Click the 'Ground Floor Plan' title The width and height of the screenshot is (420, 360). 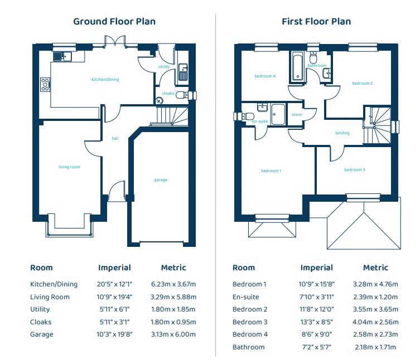[x=114, y=21]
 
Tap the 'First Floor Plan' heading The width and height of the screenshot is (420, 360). [x=316, y=21]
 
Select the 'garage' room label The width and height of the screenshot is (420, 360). [x=161, y=180]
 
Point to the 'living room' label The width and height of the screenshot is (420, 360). [x=69, y=167]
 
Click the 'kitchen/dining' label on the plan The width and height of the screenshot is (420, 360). [x=105, y=80]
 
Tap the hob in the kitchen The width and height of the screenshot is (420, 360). [x=45, y=84]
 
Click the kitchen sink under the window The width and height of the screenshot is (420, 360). [x=62, y=56]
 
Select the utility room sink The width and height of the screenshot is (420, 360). [x=183, y=72]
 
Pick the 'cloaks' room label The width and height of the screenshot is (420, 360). [x=168, y=94]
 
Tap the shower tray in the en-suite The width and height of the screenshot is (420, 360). [x=278, y=115]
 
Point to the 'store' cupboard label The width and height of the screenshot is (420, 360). [x=297, y=115]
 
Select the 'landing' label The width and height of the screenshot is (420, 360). [x=342, y=133]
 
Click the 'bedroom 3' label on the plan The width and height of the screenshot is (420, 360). [x=355, y=170]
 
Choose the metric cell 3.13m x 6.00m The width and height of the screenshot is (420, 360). [x=173, y=334]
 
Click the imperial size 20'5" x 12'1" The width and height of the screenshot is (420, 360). [x=115, y=284]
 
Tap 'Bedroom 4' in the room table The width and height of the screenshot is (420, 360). [x=250, y=334]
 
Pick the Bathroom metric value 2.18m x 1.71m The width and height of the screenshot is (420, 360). [x=375, y=347]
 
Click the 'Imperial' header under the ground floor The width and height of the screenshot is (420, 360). [x=115, y=267]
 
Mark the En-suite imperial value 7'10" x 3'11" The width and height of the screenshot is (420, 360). [x=317, y=297]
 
